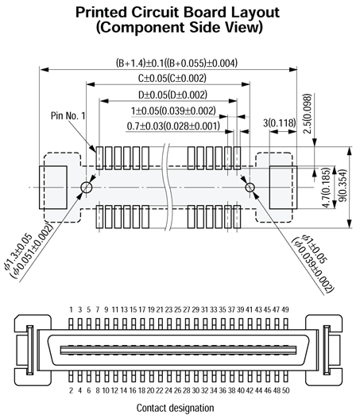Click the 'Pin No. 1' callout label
tap(68, 116)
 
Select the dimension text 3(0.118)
tap(280, 123)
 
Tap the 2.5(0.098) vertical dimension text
tap(308, 114)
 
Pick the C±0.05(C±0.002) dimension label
tap(172, 78)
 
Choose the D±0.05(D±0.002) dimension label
tap(172, 95)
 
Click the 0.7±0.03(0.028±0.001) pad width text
tap(173, 126)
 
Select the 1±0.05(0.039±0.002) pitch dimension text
tap(173, 111)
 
